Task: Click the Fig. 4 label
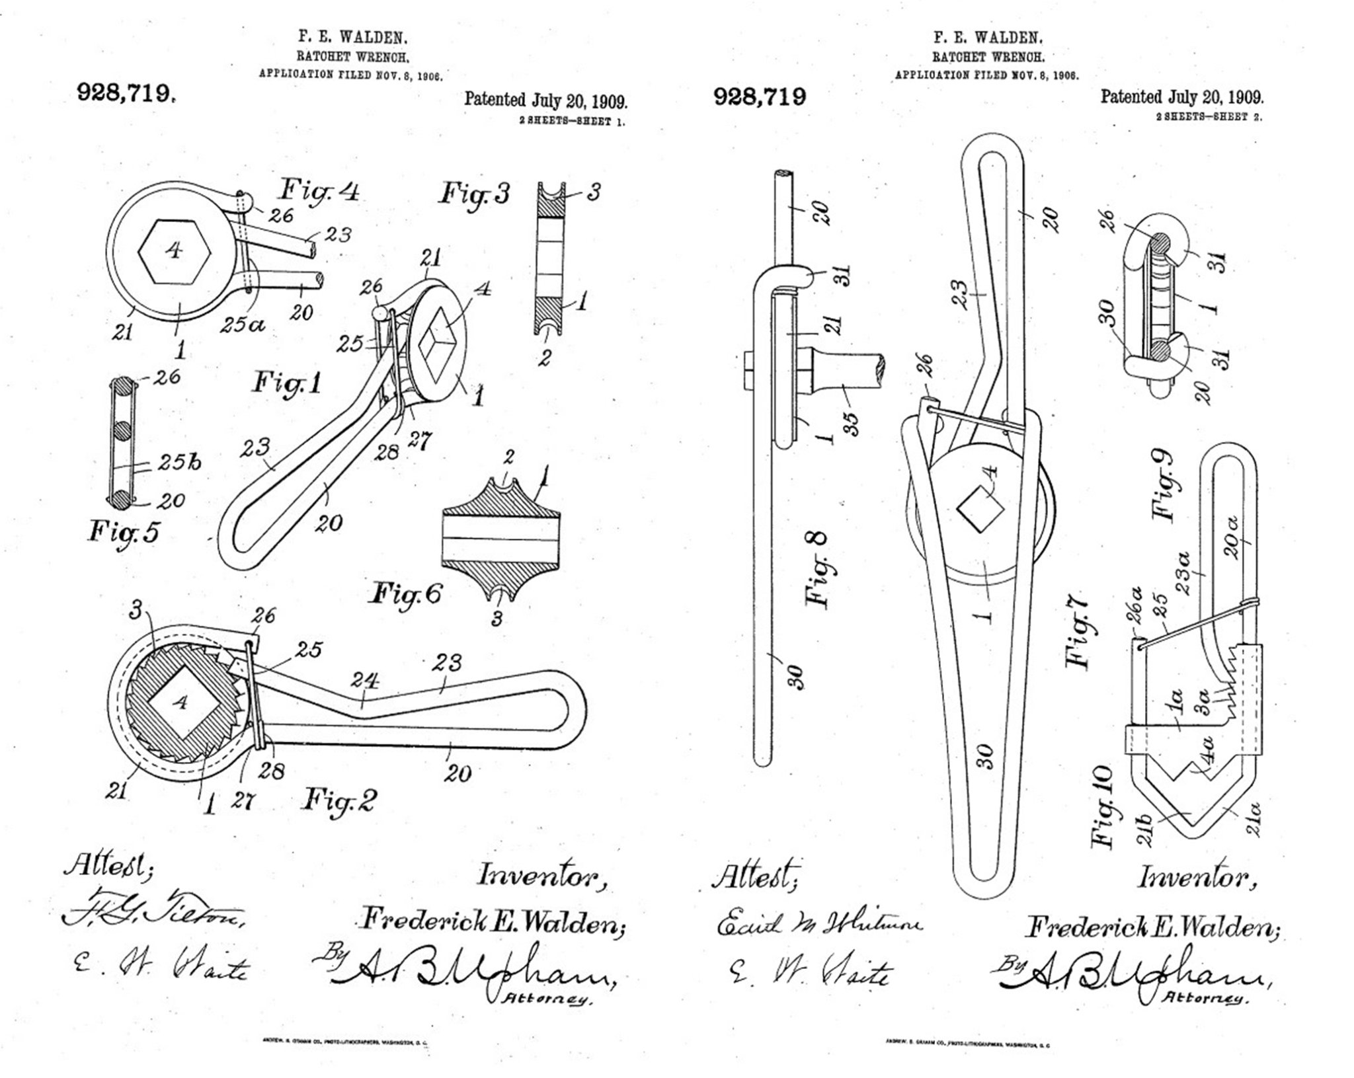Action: pyautogui.click(x=320, y=191)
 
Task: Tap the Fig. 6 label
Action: pyautogui.click(x=405, y=593)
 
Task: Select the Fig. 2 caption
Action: pyautogui.click(x=339, y=800)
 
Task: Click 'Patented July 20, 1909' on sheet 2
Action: pyautogui.click(x=1181, y=97)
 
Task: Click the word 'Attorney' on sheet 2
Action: pyautogui.click(x=1207, y=1000)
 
